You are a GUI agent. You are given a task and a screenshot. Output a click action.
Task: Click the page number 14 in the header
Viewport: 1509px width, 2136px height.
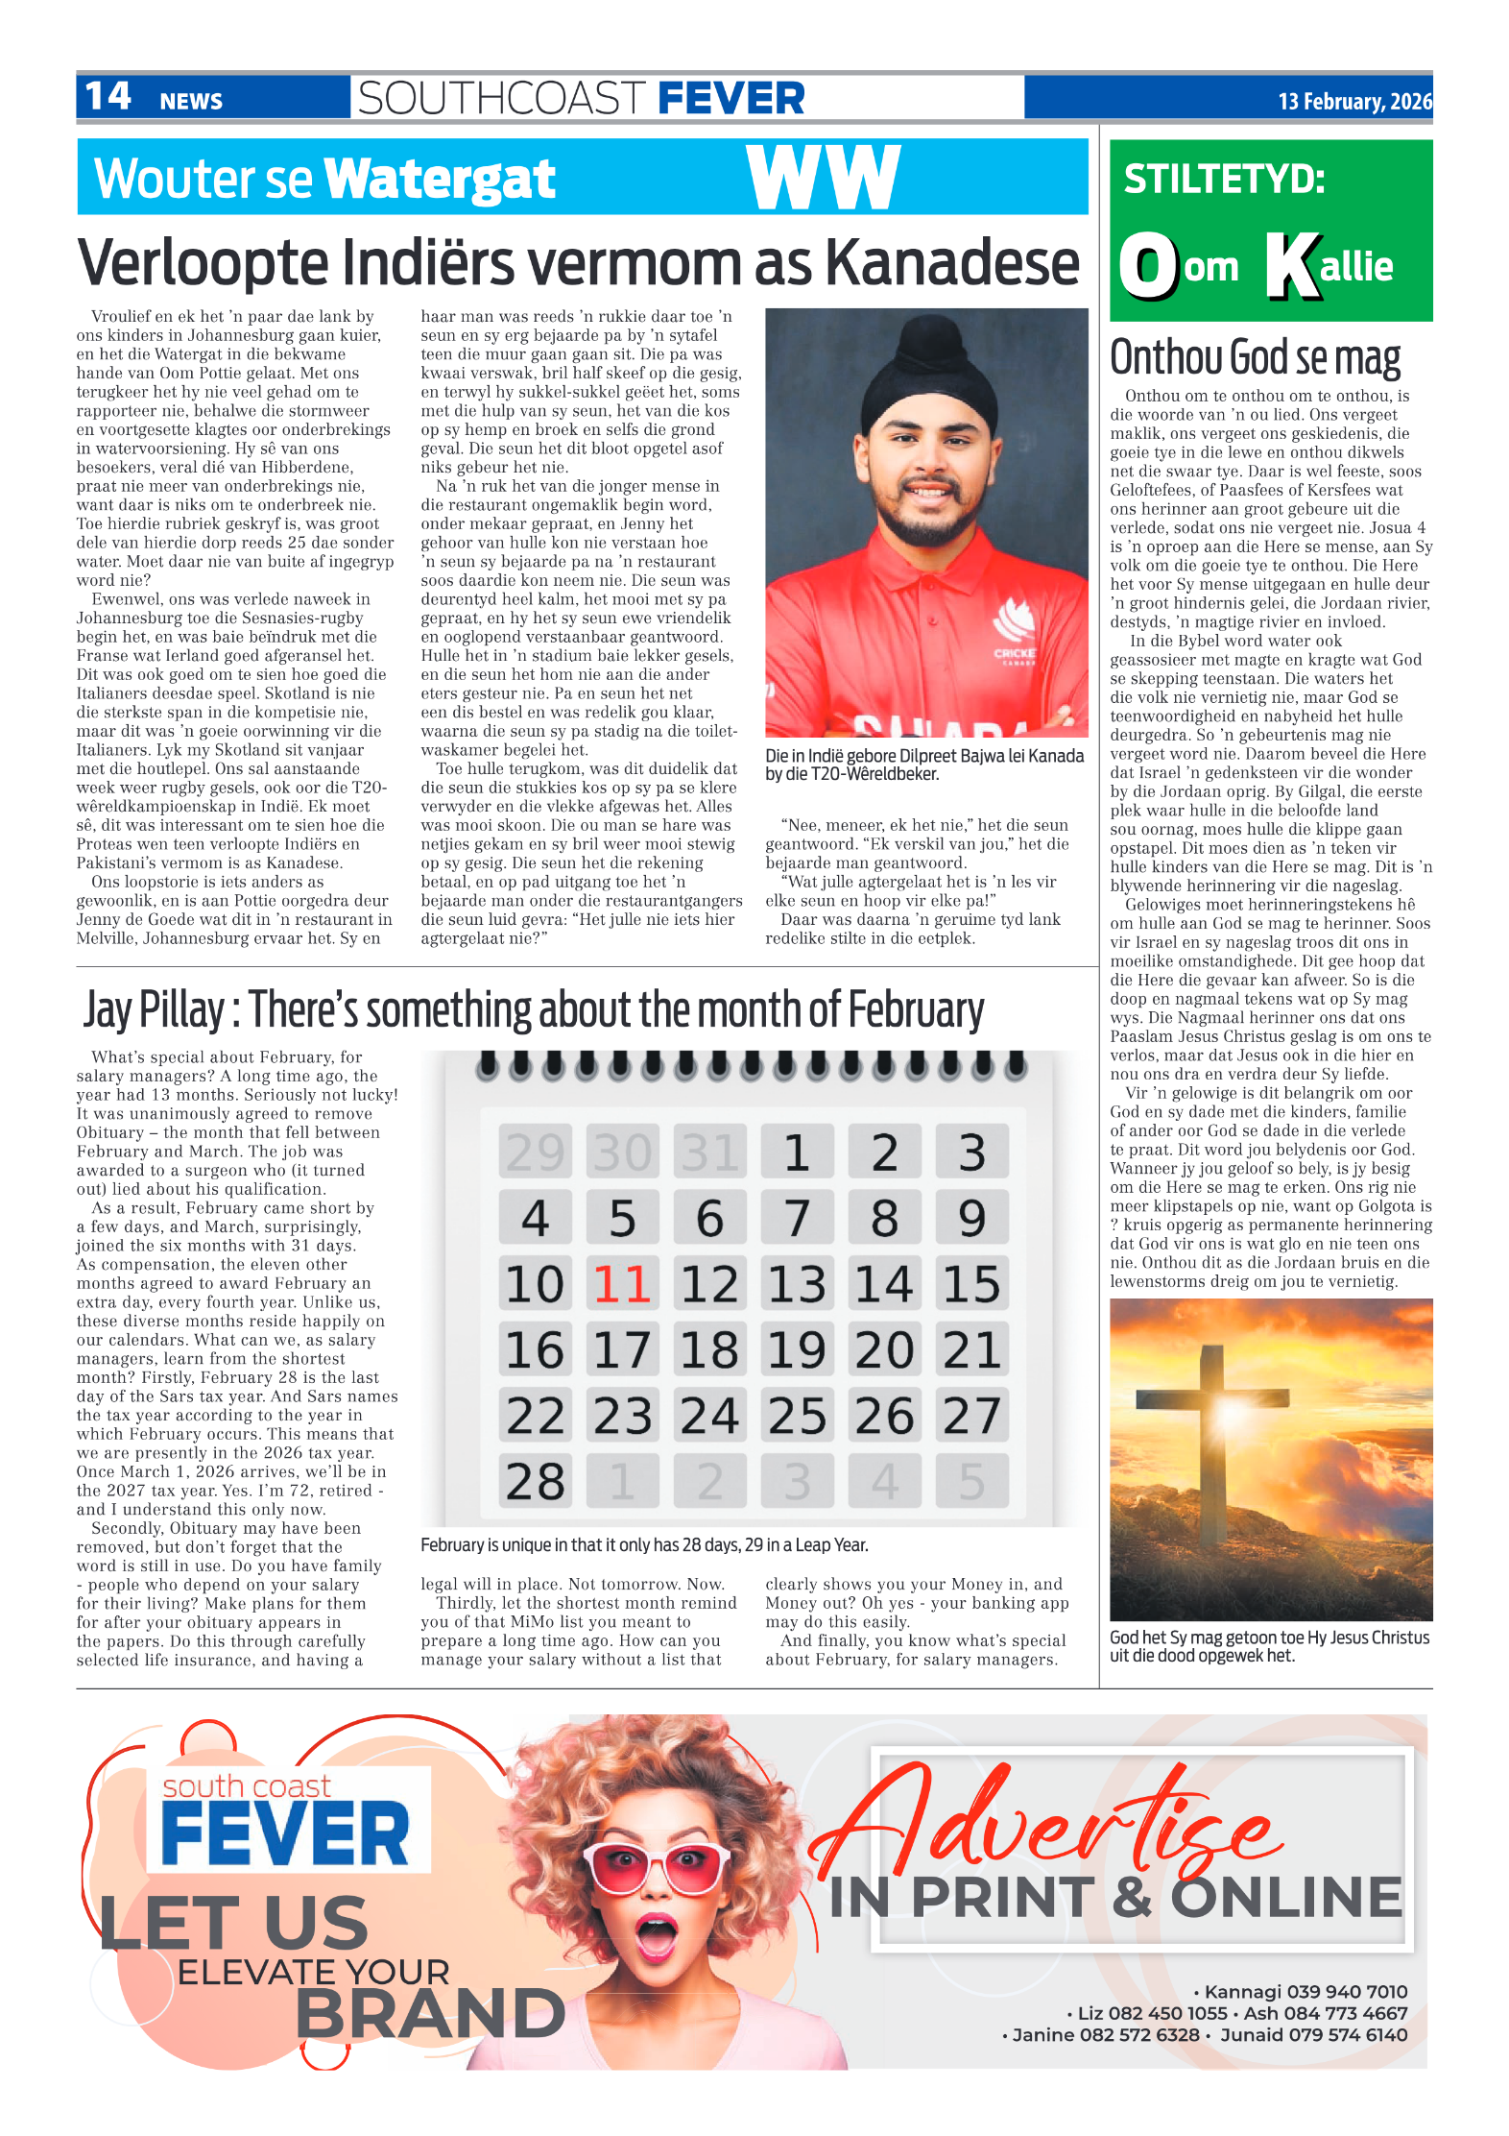point(108,97)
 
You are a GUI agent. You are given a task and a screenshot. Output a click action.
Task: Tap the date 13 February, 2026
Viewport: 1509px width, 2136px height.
point(1353,102)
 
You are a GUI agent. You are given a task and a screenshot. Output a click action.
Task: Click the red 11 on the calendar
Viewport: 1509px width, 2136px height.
point(622,1284)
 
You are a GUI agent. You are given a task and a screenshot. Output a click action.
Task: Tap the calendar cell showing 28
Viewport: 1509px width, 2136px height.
point(535,1481)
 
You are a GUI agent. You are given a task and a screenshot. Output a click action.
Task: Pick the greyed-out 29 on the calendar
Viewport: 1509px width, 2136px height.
point(535,1152)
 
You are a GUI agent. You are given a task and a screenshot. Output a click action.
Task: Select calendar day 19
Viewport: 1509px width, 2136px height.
point(797,1350)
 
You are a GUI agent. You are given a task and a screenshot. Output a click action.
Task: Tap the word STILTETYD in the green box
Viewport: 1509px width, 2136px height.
point(1223,180)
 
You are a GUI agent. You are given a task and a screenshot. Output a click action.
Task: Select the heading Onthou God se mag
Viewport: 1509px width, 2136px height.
point(1255,357)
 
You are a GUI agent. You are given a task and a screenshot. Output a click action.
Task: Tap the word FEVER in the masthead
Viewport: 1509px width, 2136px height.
point(731,98)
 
